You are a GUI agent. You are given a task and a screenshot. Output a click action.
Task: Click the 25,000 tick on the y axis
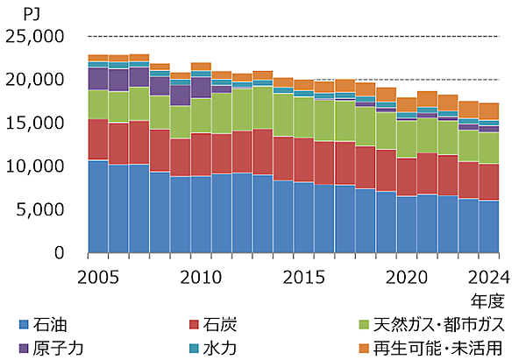[35, 36]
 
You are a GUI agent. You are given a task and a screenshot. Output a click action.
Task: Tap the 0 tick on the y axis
[60, 252]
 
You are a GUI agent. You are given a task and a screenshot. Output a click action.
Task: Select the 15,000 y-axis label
[35, 123]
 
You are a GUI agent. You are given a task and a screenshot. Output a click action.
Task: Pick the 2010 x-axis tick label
[200, 277]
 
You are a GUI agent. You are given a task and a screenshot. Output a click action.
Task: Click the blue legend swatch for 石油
[22, 326]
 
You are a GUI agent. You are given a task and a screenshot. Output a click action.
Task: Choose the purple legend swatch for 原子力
[22, 348]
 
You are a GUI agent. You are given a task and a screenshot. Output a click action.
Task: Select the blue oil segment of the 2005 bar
[98, 206]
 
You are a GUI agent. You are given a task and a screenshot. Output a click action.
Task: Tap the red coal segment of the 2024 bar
[488, 182]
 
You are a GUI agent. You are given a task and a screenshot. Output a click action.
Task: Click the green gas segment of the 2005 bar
[98, 104]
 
